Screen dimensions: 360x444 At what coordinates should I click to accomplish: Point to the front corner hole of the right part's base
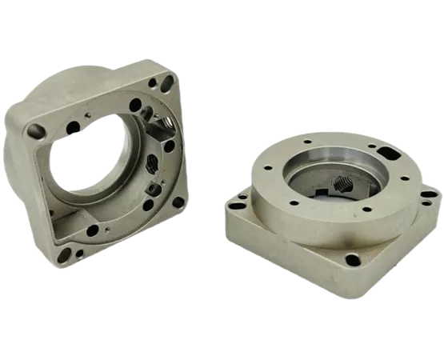(x=352, y=258)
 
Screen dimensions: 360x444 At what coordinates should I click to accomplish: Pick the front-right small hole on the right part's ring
(x=367, y=209)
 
